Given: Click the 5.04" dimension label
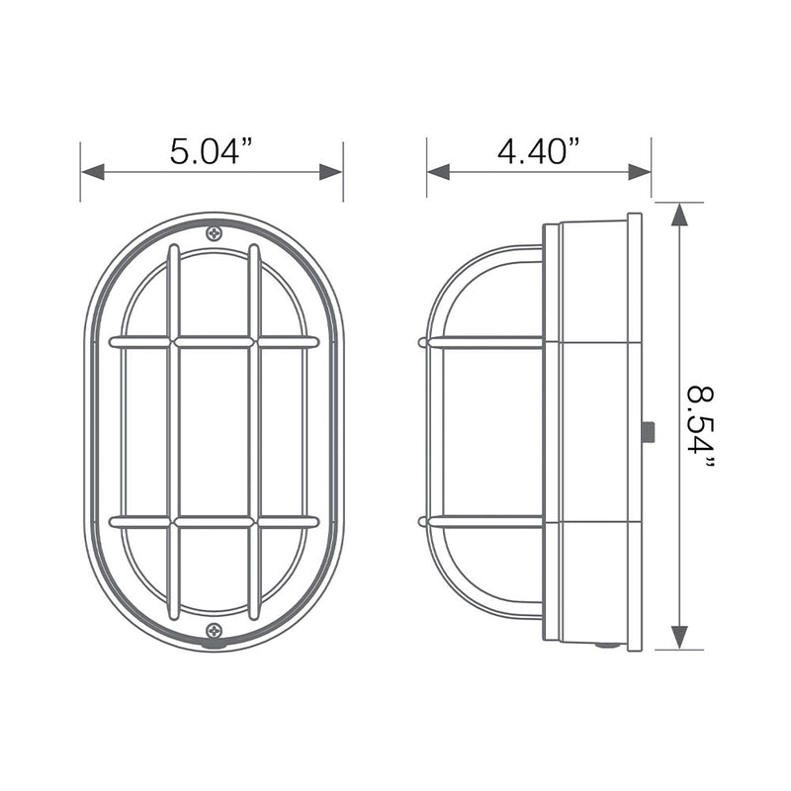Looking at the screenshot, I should [x=212, y=151].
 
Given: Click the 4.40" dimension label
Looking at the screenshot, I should [x=538, y=151].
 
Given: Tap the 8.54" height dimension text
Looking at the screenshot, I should [x=700, y=427].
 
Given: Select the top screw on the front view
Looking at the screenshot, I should [x=214, y=233].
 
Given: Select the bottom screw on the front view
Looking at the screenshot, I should [x=214, y=630].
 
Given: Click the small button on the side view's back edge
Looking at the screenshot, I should [x=647, y=431].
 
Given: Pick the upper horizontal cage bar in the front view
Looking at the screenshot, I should [x=214, y=342].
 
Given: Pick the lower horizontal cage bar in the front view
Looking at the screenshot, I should [x=214, y=521].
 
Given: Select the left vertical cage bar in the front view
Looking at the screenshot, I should [x=173, y=431].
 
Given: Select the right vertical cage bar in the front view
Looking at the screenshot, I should [x=254, y=431].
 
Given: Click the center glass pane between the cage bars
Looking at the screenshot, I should [x=214, y=431].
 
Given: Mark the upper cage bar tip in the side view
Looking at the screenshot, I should [x=424, y=343].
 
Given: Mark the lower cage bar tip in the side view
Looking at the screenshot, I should [x=424, y=520].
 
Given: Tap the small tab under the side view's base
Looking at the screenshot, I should [x=607, y=647].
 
